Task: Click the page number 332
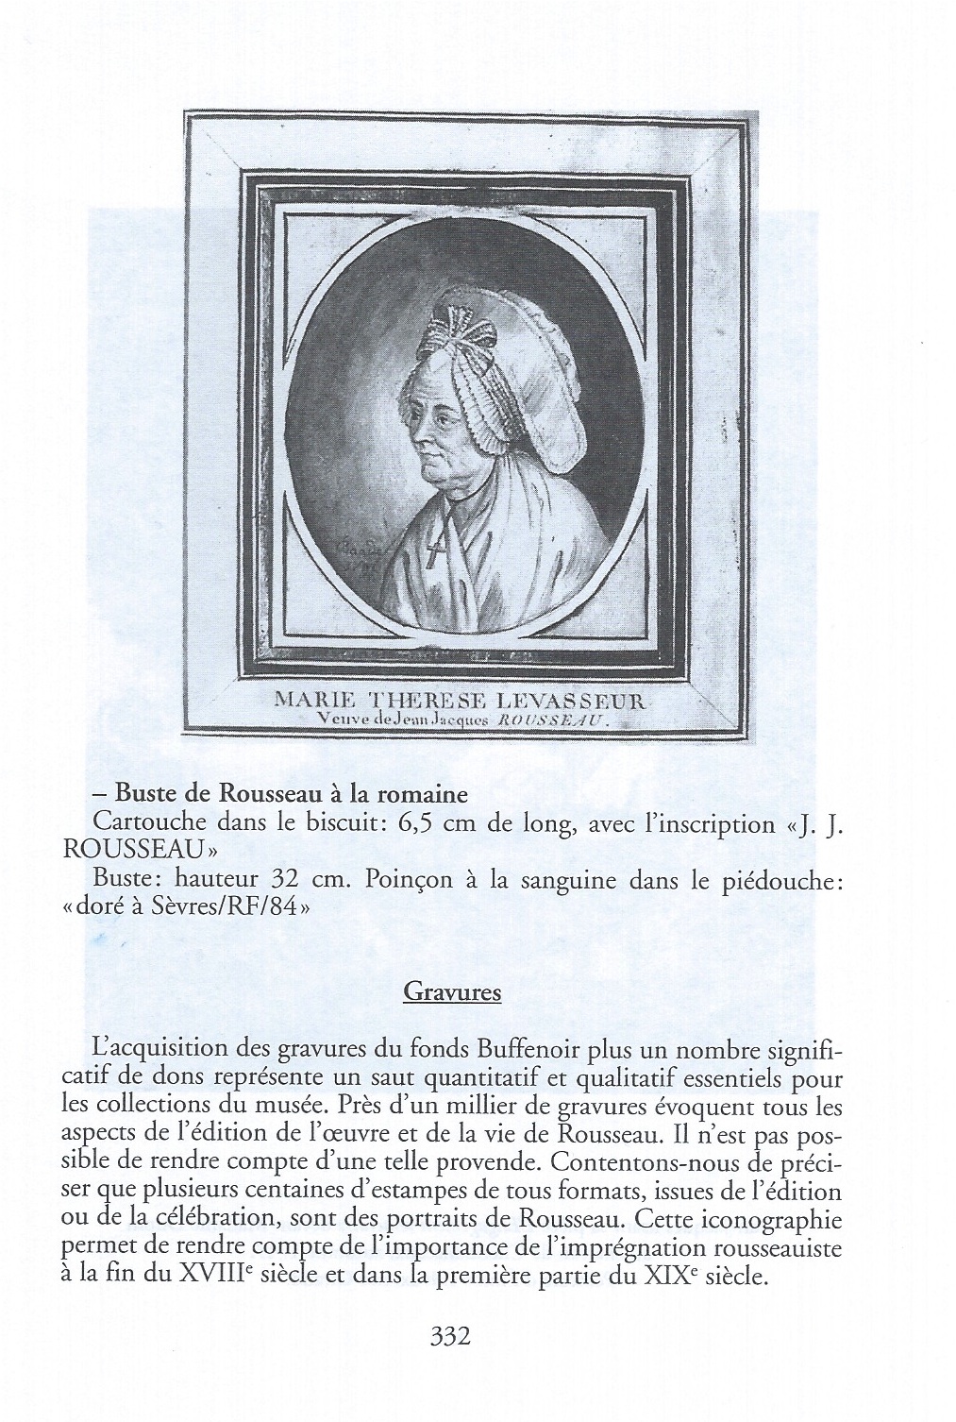[x=449, y=1336]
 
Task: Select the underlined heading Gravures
[x=451, y=992]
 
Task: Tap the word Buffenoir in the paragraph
[x=523, y=1049]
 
